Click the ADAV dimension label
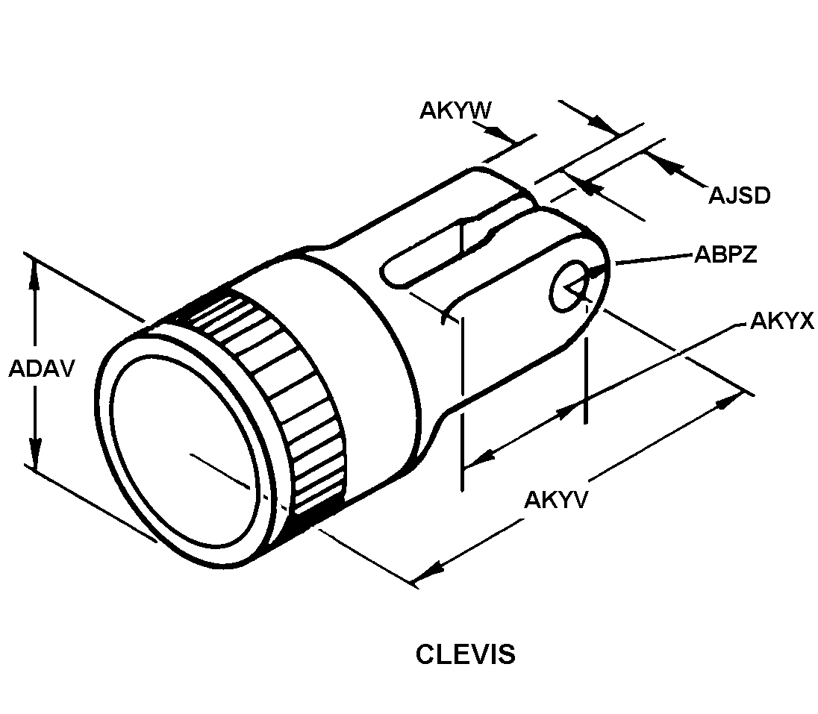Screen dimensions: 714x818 click(x=41, y=369)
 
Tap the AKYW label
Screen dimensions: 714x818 click(x=455, y=110)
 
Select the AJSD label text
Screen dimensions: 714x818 click(x=739, y=195)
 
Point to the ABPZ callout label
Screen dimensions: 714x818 click(x=725, y=254)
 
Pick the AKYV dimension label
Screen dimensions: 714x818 click(x=556, y=499)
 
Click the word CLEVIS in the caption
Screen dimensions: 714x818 click(x=465, y=654)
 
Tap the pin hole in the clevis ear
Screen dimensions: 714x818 click(x=569, y=287)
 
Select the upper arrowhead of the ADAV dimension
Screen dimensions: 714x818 click(x=34, y=273)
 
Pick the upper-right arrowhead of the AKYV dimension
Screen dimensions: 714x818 click(x=728, y=402)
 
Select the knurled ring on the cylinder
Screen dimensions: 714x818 click(x=284, y=395)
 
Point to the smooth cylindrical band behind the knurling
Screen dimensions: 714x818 click(x=358, y=351)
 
